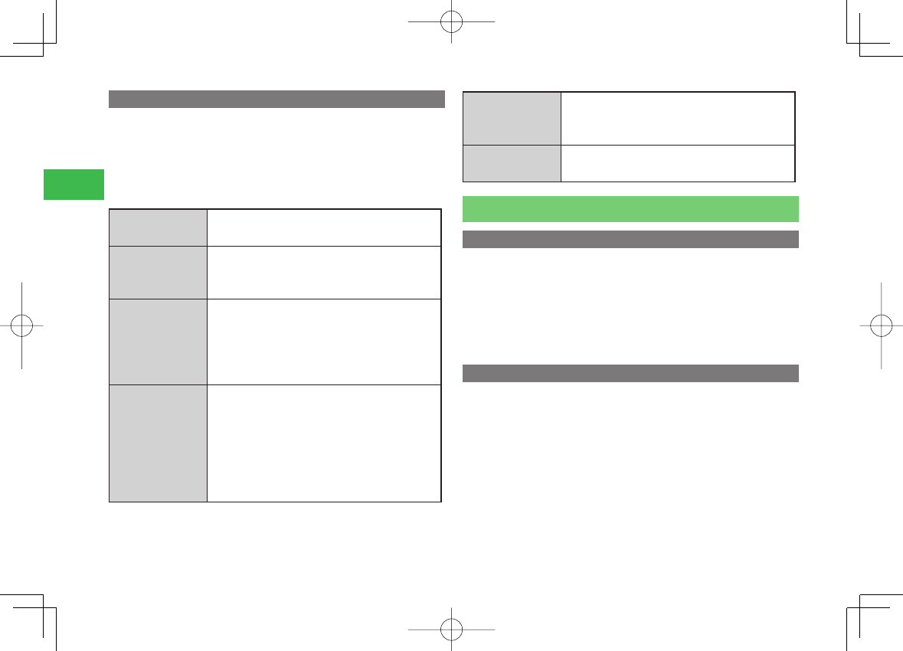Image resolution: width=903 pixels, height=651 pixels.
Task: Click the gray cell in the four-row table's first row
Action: click(x=158, y=227)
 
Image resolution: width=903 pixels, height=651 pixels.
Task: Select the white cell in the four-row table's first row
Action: click(x=324, y=227)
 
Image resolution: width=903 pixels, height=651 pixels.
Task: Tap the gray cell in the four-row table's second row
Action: click(x=158, y=272)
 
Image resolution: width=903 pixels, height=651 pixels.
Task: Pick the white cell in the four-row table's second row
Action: click(x=324, y=272)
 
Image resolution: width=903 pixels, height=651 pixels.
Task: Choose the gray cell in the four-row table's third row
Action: click(x=158, y=341)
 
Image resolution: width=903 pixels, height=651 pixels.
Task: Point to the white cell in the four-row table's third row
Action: click(x=324, y=341)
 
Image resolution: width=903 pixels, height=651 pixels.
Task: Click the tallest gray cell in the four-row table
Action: click(x=158, y=443)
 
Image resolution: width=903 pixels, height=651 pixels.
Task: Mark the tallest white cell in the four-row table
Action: click(x=324, y=443)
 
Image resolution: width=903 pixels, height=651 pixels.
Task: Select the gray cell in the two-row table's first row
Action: click(x=512, y=118)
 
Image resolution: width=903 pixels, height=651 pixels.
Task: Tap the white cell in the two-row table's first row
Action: click(x=678, y=118)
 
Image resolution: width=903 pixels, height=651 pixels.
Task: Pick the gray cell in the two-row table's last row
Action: click(x=512, y=163)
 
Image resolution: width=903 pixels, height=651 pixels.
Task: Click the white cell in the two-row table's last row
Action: click(x=678, y=163)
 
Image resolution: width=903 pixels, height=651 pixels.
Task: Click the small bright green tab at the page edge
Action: click(x=74, y=185)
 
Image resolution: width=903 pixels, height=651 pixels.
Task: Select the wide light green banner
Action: click(x=630, y=208)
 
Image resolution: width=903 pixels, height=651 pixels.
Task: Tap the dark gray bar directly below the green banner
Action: click(x=630, y=240)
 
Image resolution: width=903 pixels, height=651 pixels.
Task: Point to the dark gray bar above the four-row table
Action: click(x=276, y=100)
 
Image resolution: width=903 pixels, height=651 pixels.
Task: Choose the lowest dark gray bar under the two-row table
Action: click(x=630, y=373)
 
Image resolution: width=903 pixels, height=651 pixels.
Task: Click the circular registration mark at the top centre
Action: click(x=452, y=21)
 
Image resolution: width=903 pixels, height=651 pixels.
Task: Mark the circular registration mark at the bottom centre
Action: click(x=452, y=630)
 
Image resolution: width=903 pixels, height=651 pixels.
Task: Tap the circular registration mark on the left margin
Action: click(x=22, y=325)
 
